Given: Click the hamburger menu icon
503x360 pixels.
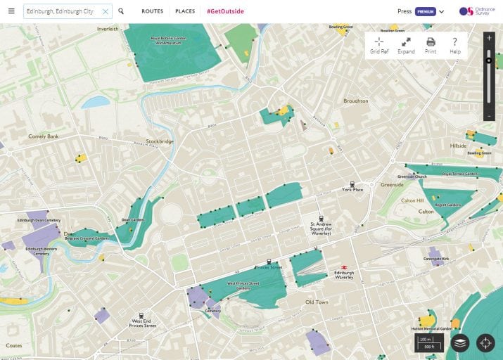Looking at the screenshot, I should (x=11, y=11).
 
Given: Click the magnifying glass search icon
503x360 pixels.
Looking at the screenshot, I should (x=121, y=11).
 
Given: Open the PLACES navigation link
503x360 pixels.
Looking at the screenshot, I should (x=185, y=11).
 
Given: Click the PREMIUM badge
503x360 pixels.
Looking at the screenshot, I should (x=425, y=11).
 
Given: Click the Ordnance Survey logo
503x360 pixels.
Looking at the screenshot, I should (x=477, y=11).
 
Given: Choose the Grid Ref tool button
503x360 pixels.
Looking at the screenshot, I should (x=379, y=45).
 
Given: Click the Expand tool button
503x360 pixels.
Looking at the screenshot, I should (x=406, y=45).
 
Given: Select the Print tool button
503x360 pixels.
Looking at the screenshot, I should (x=431, y=45).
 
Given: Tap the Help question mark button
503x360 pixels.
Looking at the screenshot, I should (x=455, y=45).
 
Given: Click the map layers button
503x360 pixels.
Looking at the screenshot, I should (x=460, y=343).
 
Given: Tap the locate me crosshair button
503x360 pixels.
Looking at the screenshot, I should (x=485, y=343).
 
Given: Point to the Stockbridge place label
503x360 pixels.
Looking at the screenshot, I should (x=160, y=141).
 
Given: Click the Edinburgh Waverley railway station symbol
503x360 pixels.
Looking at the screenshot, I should (x=345, y=267).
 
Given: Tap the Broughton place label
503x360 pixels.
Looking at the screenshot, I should (x=355, y=101).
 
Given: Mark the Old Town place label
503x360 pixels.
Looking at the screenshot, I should (x=317, y=302).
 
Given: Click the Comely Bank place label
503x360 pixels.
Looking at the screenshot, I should (x=43, y=136).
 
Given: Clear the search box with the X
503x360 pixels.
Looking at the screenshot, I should (x=105, y=11).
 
